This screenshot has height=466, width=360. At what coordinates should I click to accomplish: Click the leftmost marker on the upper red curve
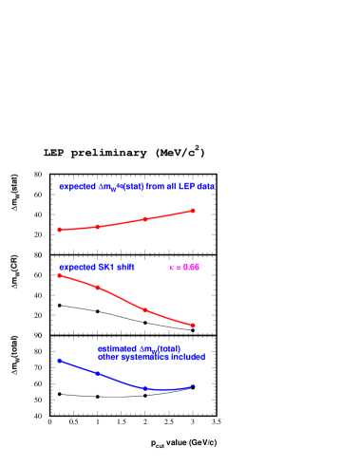point(59,230)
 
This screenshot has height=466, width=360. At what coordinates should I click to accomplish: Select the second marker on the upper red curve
point(97,227)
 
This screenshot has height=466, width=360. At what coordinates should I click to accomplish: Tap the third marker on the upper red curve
point(145,219)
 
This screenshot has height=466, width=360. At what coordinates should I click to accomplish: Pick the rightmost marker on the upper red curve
point(193,211)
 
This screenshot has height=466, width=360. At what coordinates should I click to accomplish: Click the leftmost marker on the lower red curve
point(59,275)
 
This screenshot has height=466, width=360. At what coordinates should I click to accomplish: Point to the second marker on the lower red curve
point(97,287)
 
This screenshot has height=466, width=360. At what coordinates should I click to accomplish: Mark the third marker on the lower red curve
point(145,309)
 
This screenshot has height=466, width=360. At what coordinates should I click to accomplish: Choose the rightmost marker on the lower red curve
point(193,326)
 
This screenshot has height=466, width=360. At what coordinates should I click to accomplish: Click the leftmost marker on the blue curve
point(59,361)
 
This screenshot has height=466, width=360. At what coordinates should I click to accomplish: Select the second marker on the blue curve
point(97,374)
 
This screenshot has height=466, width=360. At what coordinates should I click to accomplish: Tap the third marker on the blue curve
point(145,388)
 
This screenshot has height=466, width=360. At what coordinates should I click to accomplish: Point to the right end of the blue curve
point(194,384)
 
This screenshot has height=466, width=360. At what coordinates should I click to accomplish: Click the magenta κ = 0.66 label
point(184,268)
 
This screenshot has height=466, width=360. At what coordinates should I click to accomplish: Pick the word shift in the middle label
point(125,268)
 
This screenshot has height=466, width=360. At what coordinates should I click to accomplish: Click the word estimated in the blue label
point(115,349)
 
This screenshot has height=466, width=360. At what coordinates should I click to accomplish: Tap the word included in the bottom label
point(188,358)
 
